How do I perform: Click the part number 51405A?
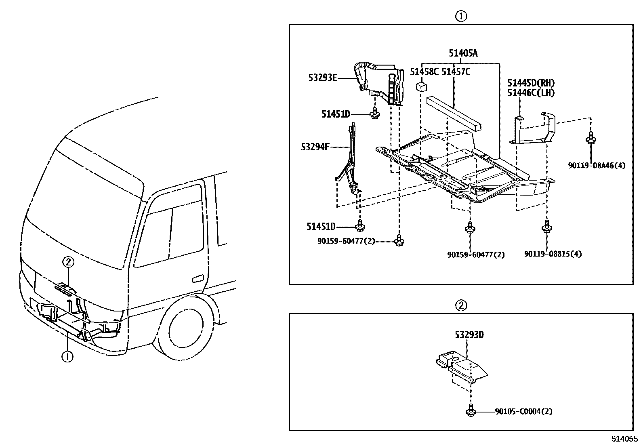(x=463, y=53)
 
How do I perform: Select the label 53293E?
(x=322, y=78)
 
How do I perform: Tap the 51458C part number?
(x=424, y=72)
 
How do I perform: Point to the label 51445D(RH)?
(x=531, y=83)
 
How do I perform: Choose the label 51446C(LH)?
(x=531, y=93)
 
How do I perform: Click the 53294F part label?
(x=315, y=147)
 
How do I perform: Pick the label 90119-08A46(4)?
(x=597, y=165)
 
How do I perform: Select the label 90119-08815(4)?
(x=553, y=254)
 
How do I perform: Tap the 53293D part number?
(x=469, y=335)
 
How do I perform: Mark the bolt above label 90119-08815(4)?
(x=546, y=226)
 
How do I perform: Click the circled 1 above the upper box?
(x=461, y=16)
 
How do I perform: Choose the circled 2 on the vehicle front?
(x=68, y=263)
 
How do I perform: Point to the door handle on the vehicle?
(x=198, y=279)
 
